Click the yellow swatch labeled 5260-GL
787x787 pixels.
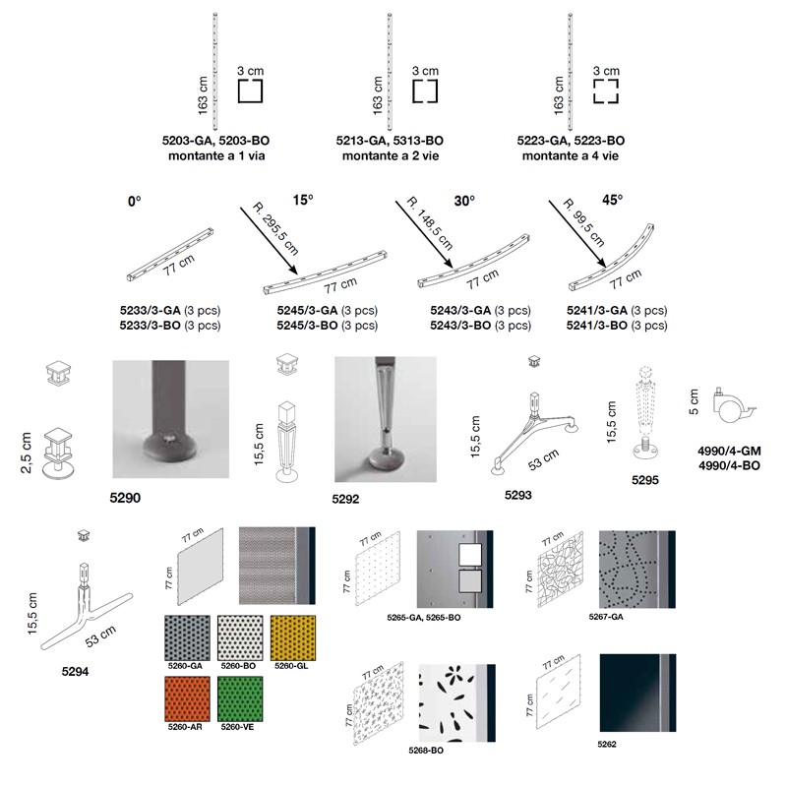(293, 637)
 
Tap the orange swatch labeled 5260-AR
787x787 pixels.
(187, 698)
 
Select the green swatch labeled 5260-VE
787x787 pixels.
(240, 698)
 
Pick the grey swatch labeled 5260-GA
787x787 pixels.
(187, 637)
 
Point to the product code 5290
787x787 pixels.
(125, 498)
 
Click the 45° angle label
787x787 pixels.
(612, 200)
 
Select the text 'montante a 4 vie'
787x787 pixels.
(571, 156)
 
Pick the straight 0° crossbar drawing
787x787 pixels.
(170, 255)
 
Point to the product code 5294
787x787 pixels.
(76, 672)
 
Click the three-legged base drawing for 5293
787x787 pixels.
(534, 433)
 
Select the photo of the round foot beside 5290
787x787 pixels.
(170, 419)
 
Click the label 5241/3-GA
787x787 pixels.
(597, 311)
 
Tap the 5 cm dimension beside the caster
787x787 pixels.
(695, 401)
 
